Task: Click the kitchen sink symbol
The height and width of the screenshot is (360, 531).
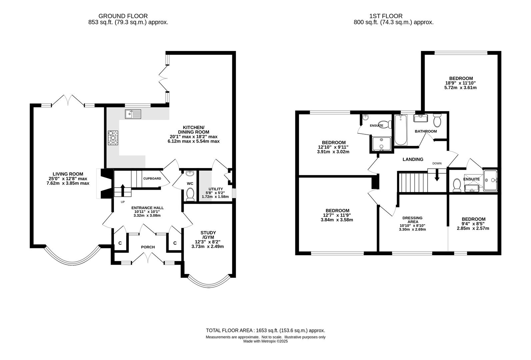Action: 133,114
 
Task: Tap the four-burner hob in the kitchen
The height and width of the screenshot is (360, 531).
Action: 113,138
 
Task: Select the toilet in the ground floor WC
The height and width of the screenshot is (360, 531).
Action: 190,194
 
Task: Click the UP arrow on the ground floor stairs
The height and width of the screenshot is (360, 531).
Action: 123,190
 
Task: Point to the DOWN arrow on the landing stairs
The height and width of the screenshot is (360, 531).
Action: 437,175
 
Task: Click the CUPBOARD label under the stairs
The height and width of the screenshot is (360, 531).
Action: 152,178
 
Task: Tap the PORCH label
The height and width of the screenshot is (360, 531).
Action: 148,247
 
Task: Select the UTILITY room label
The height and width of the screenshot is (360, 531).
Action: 215,189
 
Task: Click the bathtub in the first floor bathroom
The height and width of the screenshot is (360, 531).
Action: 401,130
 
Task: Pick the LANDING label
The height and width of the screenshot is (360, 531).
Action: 413,159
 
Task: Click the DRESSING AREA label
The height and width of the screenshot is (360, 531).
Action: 412,220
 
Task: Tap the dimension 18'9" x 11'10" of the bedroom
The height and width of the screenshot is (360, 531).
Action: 460,83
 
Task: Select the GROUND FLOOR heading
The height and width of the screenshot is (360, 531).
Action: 123,16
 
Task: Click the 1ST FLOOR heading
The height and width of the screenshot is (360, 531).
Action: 386,16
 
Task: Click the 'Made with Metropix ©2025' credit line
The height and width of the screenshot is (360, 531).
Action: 265,341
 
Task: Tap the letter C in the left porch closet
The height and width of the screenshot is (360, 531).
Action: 120,243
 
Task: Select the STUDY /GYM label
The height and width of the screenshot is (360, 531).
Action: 208,235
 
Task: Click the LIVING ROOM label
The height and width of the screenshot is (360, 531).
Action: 68,174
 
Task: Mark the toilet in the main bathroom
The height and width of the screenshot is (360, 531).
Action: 437,120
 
